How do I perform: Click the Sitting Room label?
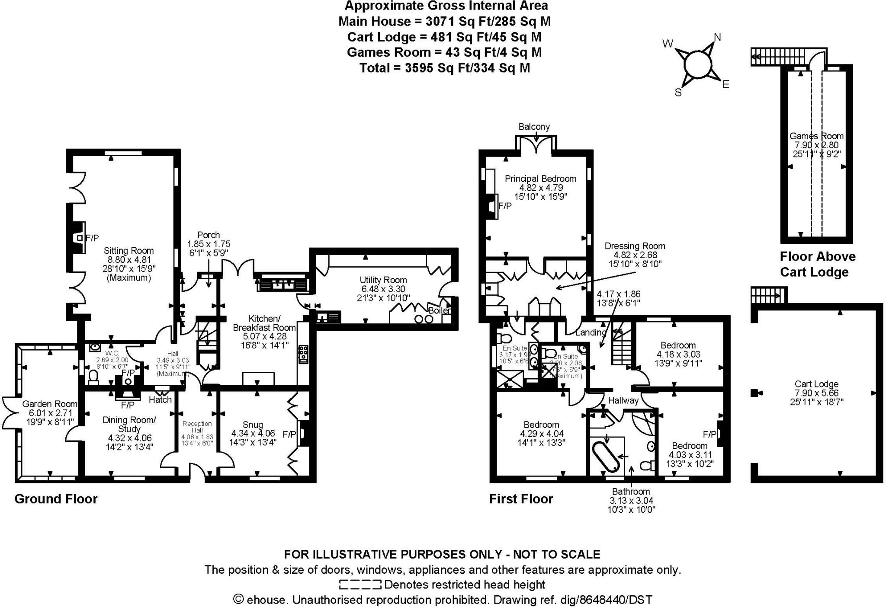(x=128, y=251)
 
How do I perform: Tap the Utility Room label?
(x=384, y=280)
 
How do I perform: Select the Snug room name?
(x=253, y=425)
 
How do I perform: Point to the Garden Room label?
(x=50, y=404)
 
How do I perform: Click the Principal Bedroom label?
(x=540, y=179)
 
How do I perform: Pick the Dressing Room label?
(x=635, y=246)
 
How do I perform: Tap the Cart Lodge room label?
(x=816, y=384)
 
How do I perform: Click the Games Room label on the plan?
(x=816, y=136)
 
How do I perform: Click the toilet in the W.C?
(x=93, y=377)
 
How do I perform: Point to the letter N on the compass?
(x=717, y=37)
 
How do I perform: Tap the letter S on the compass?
(x=678, y=93)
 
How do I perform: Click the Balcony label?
(x=534, y=127)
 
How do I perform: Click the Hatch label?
(x=160, y=400)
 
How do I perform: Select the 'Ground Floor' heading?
(x=56, y=499)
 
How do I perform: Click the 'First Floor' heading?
(x=521, y=499)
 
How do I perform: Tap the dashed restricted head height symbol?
(x=360, y=585)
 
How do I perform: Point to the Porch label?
(x=209, y=235)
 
